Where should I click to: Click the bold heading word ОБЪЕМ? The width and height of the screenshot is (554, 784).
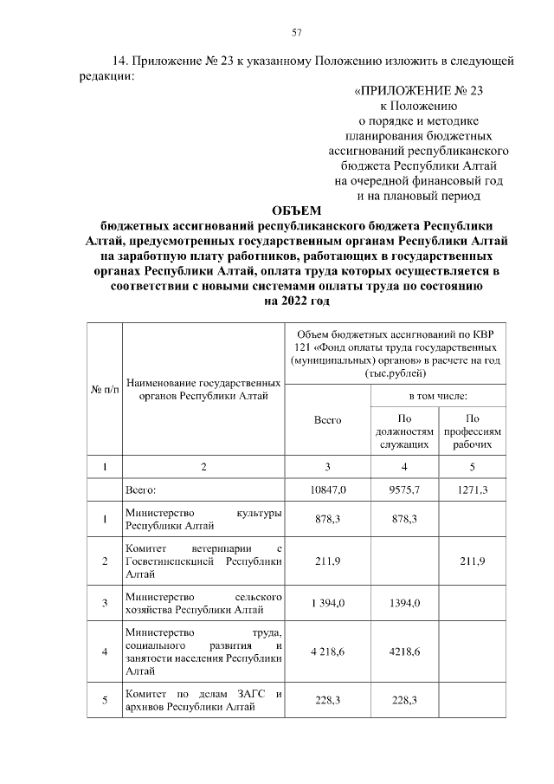pos(295,210)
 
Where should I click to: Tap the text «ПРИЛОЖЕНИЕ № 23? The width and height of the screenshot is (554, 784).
pos(423,91)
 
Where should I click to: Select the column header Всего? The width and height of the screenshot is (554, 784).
pos(327,419)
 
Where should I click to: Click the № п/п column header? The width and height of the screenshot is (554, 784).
pos(105,389)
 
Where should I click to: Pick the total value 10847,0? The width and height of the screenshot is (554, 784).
pos(327,489)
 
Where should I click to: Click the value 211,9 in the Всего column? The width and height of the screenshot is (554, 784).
pos(327,561)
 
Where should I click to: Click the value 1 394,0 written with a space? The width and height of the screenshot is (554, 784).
pos(327,603)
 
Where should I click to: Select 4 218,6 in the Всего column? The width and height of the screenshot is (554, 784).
pos(327,651)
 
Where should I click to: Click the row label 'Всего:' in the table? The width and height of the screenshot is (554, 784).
pos(141,489)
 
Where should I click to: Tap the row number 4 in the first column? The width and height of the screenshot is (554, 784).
pos(105,651)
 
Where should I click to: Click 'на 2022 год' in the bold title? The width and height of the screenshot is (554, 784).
pos(295,301)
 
